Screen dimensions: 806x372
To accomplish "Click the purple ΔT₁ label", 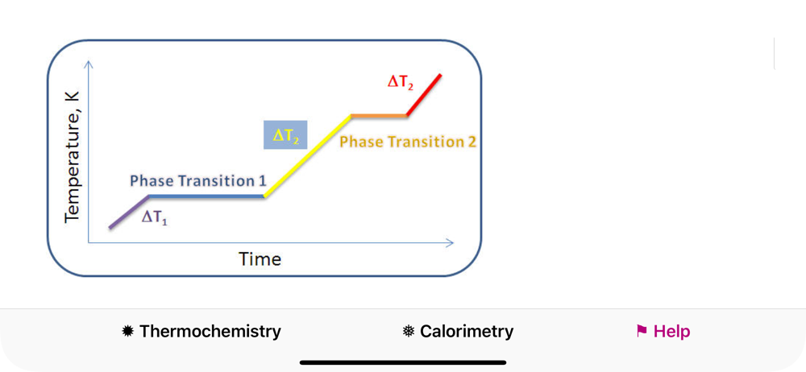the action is [x=155, y=218].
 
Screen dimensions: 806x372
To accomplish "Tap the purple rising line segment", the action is [x=129, y=211].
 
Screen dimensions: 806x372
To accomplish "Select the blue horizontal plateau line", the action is [x=206, y=196].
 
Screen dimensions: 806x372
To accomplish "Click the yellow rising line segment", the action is [x=307, y=155].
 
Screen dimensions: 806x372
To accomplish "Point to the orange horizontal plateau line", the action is [x=379, y=116].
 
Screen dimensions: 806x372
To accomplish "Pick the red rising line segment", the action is [x=424, y=95].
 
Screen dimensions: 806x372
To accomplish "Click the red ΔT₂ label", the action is [x=400, y=82].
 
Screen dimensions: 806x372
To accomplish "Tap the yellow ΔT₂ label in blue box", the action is [x=285, y=135].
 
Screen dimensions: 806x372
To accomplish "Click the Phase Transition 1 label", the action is [x=198, y=181].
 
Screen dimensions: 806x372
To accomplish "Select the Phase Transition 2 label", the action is [x=408, y=141].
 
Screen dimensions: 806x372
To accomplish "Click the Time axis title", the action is [x=260, y=258].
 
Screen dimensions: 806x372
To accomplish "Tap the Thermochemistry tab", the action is [x=201, y=332].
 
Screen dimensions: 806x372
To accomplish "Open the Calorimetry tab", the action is [x=458, y=332].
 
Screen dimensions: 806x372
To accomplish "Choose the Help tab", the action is [x=663, y=332].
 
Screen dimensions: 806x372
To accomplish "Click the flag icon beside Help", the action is [x=642, y=331].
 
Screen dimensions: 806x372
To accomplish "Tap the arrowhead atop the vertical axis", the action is [x=89, y=64].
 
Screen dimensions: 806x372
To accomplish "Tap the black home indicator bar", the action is [x=403, y=362].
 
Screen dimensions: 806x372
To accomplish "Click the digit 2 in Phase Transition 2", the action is [x=472, y=141].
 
